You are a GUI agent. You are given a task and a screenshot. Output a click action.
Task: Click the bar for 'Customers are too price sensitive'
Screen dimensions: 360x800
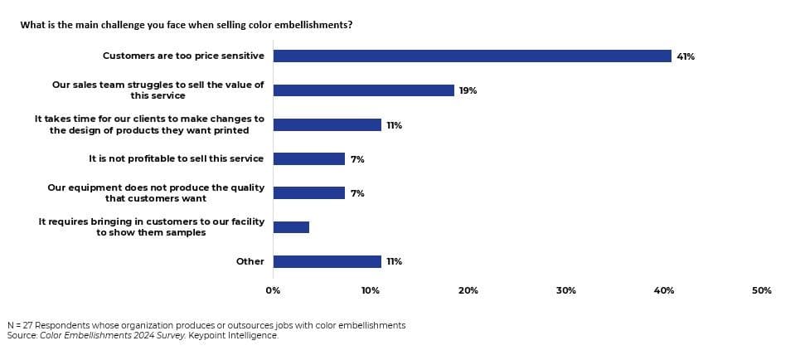click(472, 56)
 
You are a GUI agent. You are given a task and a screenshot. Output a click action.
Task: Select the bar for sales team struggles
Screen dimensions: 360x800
click(363, 90)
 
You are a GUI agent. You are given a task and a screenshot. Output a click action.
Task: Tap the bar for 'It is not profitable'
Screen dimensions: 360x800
click(308, 158)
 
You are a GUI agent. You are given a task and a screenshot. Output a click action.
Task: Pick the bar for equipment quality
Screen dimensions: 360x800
click(308, 192)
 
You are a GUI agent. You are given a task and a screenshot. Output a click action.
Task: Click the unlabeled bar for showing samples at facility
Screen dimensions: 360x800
click(291, 227)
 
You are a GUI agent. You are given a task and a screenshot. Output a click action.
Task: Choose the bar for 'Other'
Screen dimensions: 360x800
click(327, 261)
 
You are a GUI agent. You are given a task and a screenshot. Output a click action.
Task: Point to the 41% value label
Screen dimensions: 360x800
click(686, 56)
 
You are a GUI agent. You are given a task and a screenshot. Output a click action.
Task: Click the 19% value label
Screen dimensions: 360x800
click(468, 90)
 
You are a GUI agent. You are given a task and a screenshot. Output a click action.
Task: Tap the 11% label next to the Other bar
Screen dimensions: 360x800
click(394, 261)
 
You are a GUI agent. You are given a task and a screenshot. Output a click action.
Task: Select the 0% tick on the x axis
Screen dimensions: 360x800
click(273, 290)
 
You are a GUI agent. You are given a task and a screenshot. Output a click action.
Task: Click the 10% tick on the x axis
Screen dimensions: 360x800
click(371, 290)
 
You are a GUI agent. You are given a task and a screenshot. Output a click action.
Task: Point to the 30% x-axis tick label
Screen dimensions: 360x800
click(566, 290)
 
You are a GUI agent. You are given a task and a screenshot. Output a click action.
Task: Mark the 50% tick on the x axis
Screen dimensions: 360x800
click(761, 290)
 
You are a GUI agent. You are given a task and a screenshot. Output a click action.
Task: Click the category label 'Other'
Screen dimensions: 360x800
click(250, 261)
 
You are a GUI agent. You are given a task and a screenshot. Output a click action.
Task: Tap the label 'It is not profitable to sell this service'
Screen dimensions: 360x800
click(176, 158)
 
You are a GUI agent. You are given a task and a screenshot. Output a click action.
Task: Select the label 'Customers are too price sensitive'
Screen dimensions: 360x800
click(183, 56)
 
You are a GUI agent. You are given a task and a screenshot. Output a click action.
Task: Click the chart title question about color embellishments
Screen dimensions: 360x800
click(187, 25)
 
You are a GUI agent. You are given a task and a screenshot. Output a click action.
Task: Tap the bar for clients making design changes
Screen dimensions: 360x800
click(327, 124)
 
